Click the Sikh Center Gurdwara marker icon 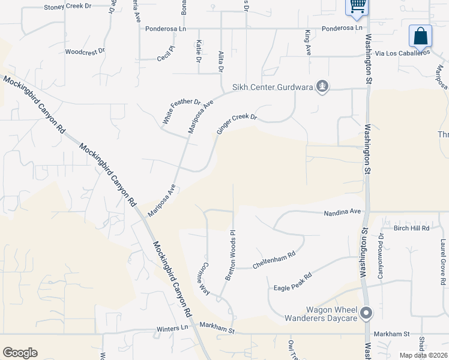323,87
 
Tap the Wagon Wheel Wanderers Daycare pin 366,313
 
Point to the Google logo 20,353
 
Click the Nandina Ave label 342,212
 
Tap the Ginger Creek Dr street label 237,125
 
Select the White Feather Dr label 181,112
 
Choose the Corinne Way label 205,278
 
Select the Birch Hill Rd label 411,228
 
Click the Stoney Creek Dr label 68,7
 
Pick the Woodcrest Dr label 85,52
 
